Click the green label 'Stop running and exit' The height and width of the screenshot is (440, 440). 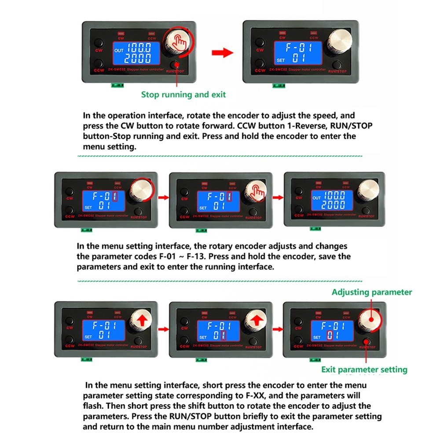(x=183, y=95)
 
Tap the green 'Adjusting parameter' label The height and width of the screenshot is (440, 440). (x=372, y=292)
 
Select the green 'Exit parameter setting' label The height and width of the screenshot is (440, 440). (x=364, y=370)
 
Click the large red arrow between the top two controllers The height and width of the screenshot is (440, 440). (x=223, y=53)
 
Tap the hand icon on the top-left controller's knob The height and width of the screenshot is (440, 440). (x=179, y=42)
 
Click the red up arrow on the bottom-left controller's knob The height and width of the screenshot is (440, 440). (x=141, y=322)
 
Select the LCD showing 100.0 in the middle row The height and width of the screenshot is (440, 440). (x=331, y=200)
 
